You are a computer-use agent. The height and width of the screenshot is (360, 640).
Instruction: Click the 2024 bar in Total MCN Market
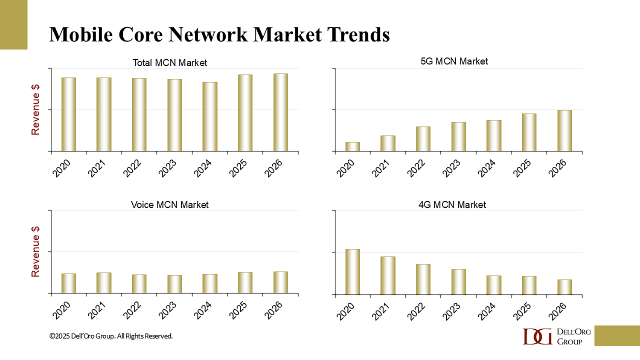[210, 116]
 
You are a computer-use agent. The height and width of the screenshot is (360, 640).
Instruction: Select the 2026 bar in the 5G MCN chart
[564, 131]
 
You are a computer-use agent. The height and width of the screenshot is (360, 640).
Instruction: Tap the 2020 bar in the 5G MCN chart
[352, 146]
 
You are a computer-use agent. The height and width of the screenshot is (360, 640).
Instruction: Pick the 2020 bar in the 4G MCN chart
[352, 272]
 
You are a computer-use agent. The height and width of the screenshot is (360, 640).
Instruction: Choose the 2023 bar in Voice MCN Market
[175, 284]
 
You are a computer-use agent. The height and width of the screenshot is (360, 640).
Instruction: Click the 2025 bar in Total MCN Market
[245, 113]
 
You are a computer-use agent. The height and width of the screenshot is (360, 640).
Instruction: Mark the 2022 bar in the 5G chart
[423, 139]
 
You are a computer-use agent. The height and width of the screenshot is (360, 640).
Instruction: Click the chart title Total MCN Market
[170, 63]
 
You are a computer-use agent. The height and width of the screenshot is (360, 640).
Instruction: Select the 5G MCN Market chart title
[454, 61]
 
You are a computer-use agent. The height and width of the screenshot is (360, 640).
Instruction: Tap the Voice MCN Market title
[170, 205]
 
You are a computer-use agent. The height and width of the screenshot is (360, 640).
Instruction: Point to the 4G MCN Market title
[452, 205]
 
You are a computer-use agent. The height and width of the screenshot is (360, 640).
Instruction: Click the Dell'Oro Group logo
[557, 336]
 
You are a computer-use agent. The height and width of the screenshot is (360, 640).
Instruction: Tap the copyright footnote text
[111, 336]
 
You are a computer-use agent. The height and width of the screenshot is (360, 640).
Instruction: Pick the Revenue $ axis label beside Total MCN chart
[35, 110]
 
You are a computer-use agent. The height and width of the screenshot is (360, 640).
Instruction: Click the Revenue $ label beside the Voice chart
[35, 252]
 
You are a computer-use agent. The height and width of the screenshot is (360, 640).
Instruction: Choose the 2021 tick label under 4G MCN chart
[381, 312]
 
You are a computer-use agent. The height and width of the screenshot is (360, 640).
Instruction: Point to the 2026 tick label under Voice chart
[273, 311]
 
